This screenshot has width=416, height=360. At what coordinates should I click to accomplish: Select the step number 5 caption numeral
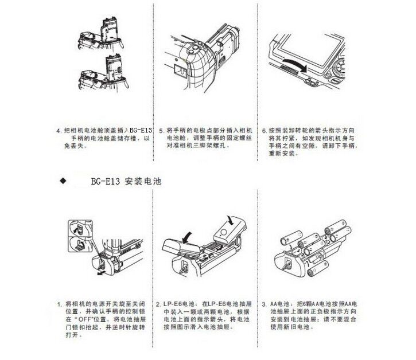pyautogui.click(x=161, y=131)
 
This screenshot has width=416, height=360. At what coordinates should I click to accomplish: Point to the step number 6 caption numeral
pyautogui.click(x=263, y=131)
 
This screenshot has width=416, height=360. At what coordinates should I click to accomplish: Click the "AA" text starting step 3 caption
pyautogui.click(x=273, y=303)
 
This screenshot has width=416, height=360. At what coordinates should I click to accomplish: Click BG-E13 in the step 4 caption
pyautogui.click(x=140, y=131)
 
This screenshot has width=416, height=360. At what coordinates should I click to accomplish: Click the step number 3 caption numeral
pyautogui.click(x=263, y=303)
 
